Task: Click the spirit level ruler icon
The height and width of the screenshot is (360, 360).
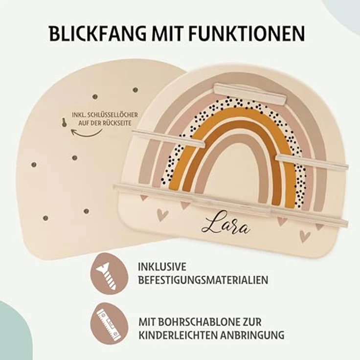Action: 109,324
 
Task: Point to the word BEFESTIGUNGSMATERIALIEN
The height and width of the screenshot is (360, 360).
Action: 203,280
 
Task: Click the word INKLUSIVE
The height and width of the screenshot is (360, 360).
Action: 162,267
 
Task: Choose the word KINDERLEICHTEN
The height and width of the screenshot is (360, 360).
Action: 178,335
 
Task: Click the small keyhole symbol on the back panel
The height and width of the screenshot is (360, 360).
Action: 64,122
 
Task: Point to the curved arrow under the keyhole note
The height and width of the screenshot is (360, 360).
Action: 86,133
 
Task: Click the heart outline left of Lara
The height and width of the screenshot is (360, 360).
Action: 163,215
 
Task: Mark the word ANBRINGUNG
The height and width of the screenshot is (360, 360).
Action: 252,335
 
